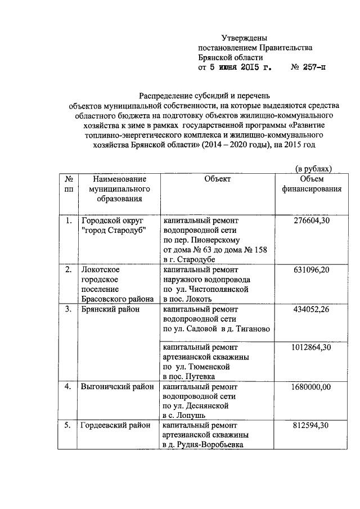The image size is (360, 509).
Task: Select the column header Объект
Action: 218,179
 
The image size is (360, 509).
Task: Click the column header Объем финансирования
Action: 312,184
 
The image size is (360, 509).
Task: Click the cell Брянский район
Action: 109,309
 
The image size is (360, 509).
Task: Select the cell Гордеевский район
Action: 115,426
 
